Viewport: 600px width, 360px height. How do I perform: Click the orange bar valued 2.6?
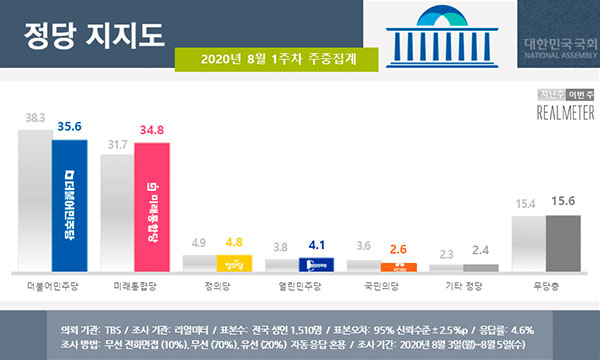click(x=397, y=266)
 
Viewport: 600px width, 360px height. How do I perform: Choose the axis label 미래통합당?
click(x=133, y=286)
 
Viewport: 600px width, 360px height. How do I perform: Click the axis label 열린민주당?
click(x=297, y=286)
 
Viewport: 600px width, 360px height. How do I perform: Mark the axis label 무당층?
click(x=544, y=286)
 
